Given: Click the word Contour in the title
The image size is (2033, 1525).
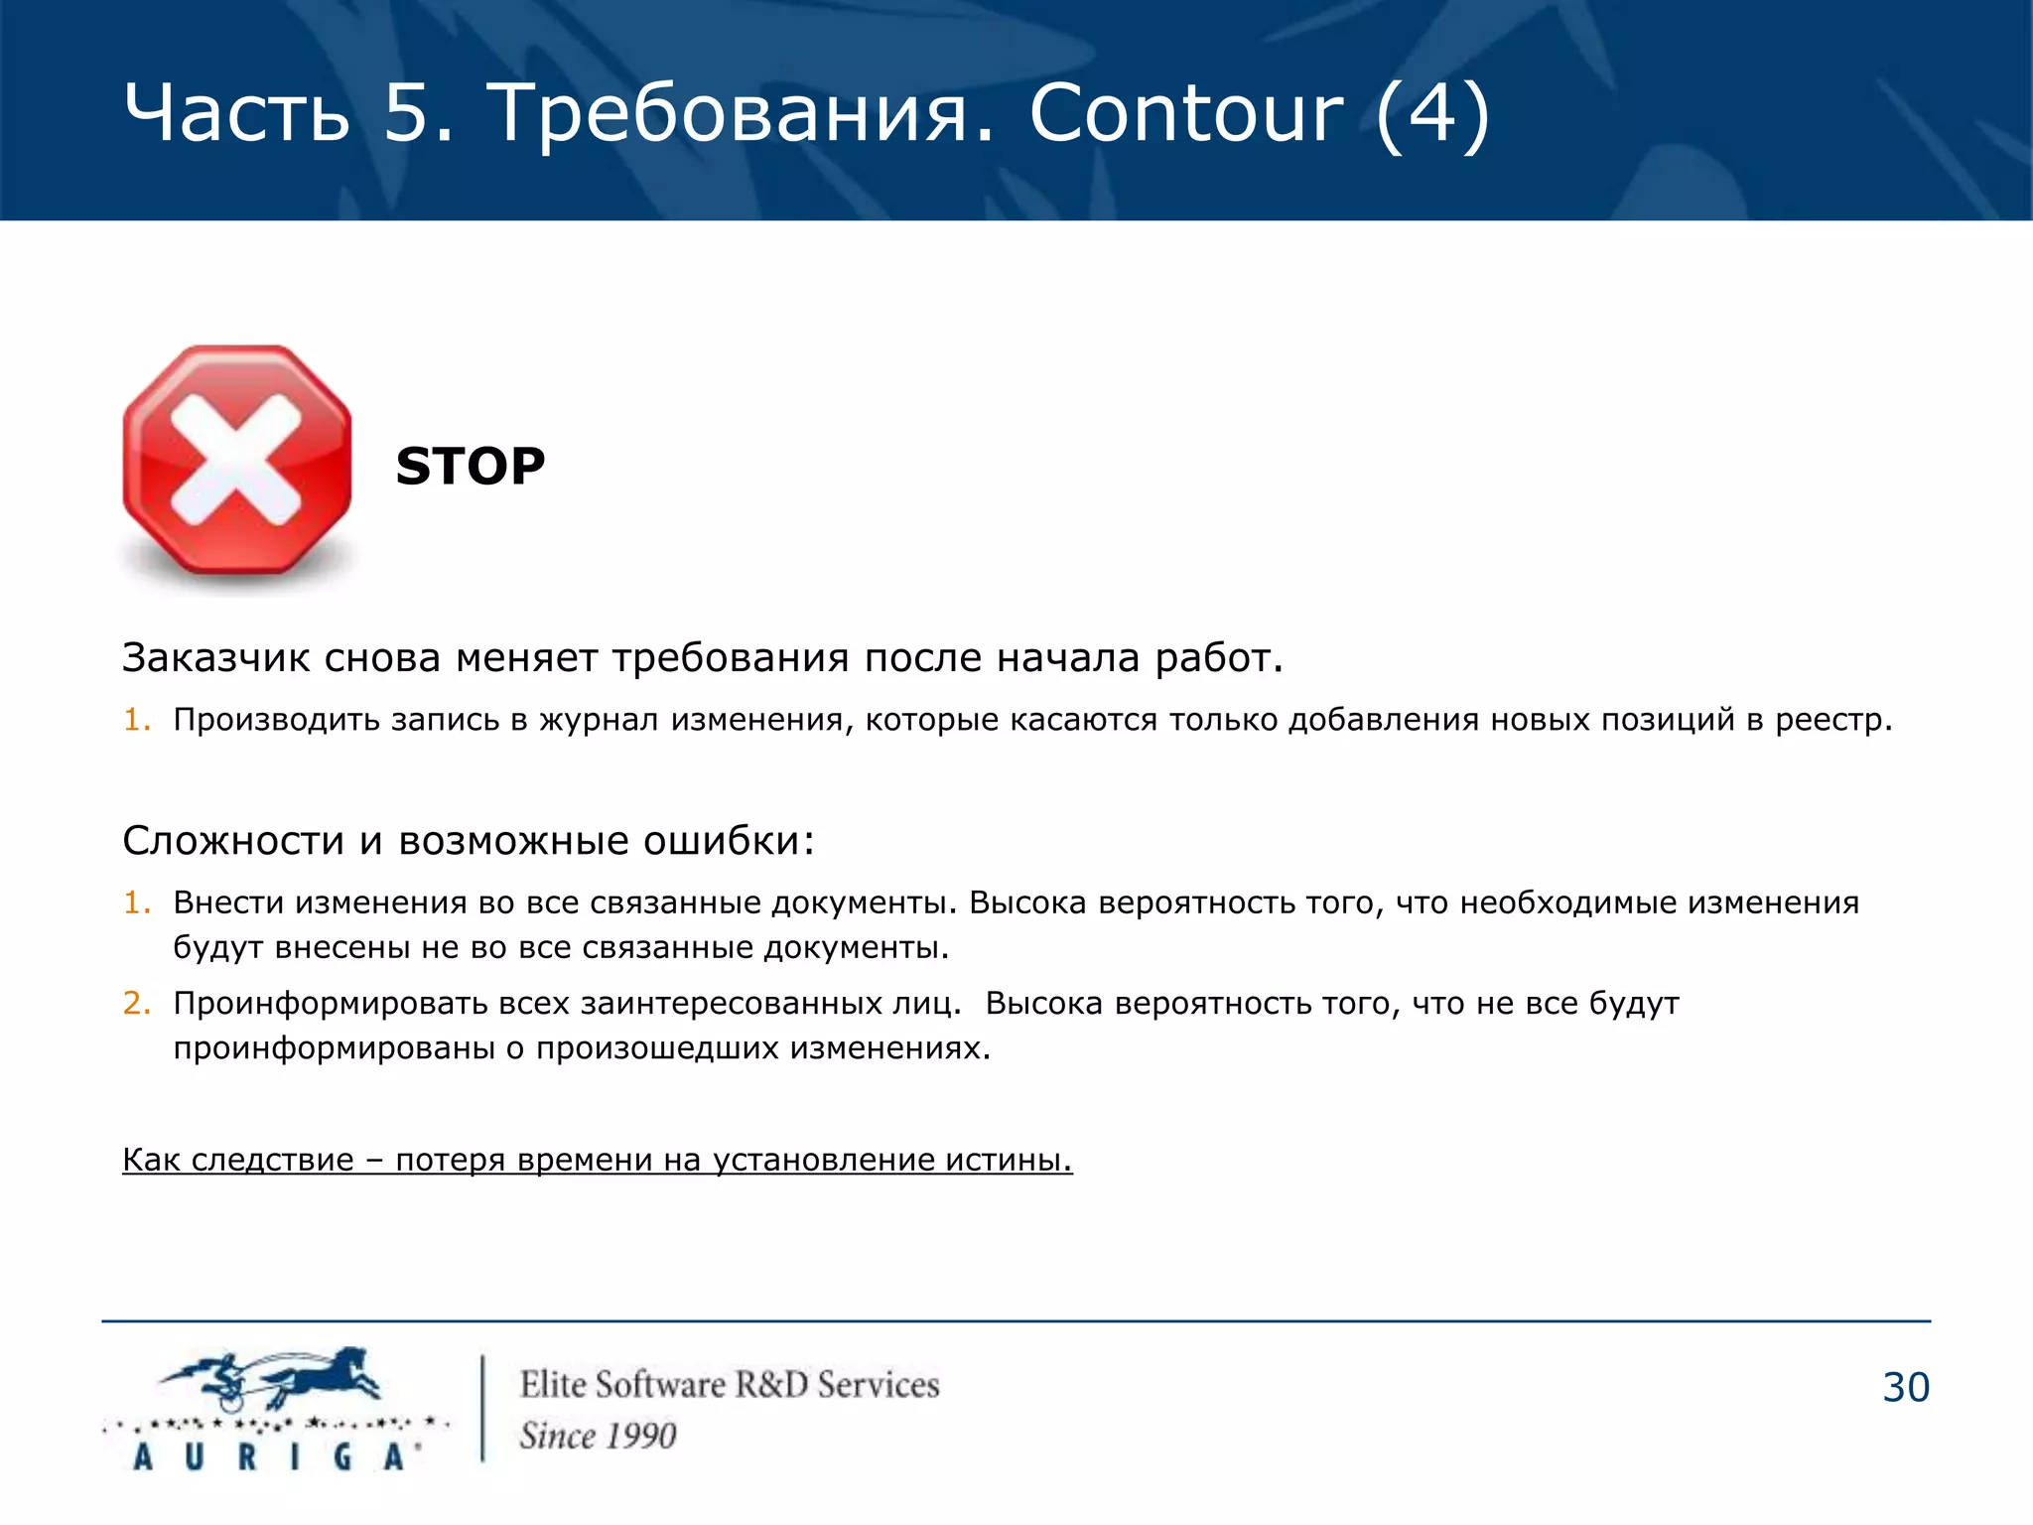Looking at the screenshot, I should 1186,113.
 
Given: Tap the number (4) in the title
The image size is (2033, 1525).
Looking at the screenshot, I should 1432,115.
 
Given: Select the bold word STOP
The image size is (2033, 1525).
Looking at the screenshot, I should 471,466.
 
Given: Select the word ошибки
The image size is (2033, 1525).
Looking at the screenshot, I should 729,841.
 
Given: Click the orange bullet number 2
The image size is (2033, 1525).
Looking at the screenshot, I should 135,1003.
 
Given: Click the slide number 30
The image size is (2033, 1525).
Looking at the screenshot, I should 1906,1388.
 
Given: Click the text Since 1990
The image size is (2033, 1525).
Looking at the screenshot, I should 598,1436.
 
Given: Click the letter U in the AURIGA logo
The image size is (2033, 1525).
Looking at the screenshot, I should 194,1456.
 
